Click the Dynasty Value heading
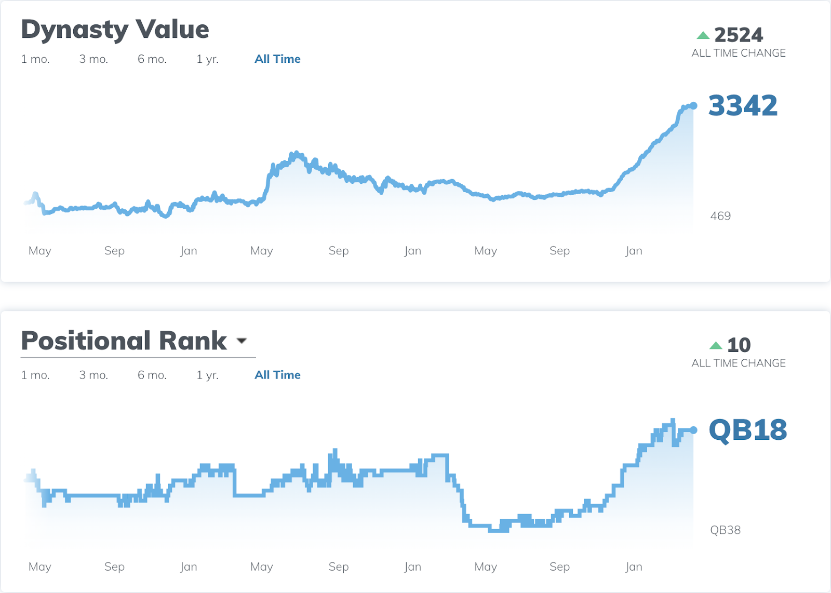click(115, 30)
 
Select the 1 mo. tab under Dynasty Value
click(35, 59)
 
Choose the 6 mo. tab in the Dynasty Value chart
click(152, 59)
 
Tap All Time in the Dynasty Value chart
click(277, 59)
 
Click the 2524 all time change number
click(739, 35)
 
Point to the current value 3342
click(743, 105)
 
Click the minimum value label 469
click(720, 216)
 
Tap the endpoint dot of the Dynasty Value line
click(693, 105)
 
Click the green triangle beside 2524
click(703, 35)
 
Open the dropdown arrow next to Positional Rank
click(242, 341)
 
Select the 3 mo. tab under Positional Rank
click(93, 375)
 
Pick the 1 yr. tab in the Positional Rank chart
click(207, 375)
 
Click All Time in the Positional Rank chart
click(277, 375)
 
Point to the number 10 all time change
click(739, 345)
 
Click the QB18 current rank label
click(747, 430)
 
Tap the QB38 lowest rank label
click(725, 530)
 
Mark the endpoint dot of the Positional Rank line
click(693, 430)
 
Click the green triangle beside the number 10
click(716, 345)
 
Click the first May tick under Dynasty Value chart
click(40, 251)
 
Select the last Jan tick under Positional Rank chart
click(634, 567)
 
